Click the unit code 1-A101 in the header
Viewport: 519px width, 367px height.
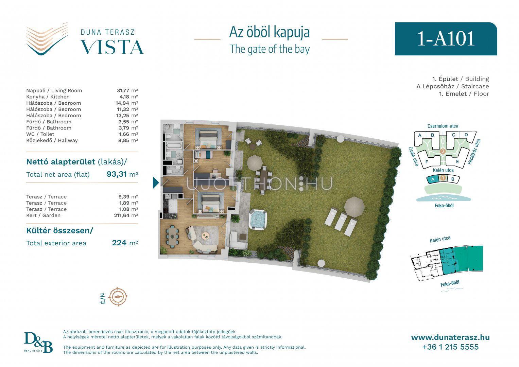(446, 39)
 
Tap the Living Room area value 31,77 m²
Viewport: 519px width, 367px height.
(127, 90)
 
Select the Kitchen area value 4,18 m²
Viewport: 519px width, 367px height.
(129, 97)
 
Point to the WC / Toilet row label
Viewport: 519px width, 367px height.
(40, 134)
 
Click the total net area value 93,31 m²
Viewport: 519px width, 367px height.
(122, 174)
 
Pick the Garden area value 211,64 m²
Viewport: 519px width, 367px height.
(126, 215)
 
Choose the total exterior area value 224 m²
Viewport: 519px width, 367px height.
(125, 243)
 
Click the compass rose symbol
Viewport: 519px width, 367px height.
(118, 297)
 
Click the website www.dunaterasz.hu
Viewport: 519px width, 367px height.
(450, 337)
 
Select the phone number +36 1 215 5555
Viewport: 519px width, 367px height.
(450, 347)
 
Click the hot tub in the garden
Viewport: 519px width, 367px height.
(258, 220)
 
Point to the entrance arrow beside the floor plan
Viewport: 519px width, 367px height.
(156, 182)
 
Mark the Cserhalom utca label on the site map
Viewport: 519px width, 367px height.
(443, 126)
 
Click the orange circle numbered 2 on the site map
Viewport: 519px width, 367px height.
(443, 152)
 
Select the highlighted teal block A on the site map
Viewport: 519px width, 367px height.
(433, 179)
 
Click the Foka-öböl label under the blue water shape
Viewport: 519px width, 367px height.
(444, 205)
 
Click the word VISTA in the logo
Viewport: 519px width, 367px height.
(112, 47)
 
